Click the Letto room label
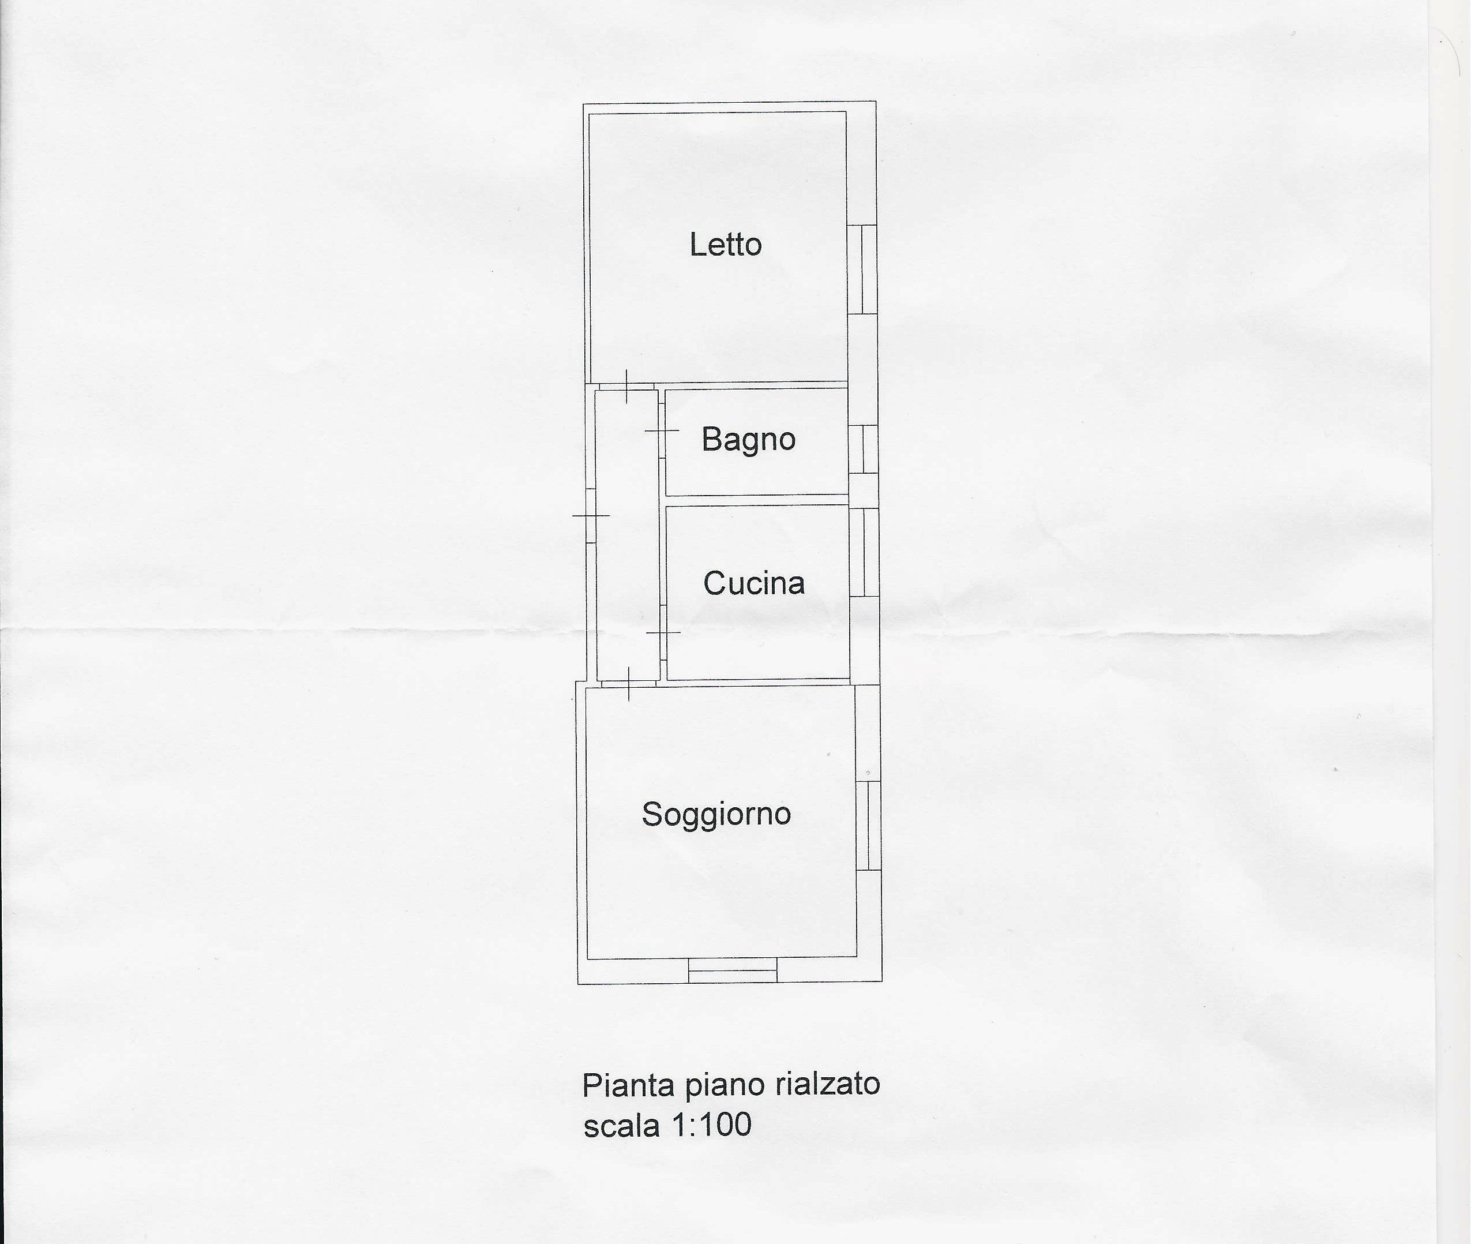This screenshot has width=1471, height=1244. [x=726, y=245]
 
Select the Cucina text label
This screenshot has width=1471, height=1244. [x=754, y=583]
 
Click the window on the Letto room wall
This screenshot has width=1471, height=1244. [x=862, y=269]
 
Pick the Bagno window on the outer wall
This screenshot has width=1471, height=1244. [x=864, y=449]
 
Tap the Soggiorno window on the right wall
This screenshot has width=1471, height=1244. [x=869, y=826]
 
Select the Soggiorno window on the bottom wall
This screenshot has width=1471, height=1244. [x=733, y=971]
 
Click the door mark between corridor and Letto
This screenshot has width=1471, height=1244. [x=626, y=387]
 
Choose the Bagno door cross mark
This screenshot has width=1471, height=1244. [x=662, y=430]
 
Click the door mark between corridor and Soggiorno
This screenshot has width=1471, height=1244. [x=628, y=683]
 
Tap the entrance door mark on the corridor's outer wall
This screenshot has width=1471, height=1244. [x=591, y=515]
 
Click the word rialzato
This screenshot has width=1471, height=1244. [x=827, y=1084]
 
